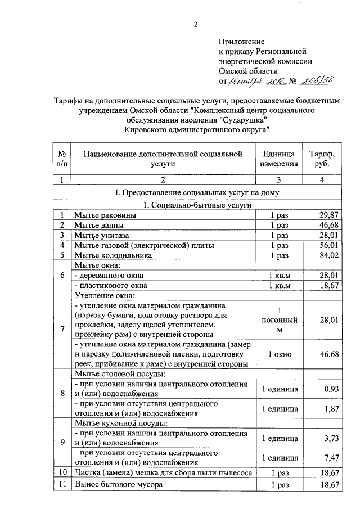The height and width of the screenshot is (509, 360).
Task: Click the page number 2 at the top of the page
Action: [196, 25]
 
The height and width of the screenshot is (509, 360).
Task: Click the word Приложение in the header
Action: [241, 42]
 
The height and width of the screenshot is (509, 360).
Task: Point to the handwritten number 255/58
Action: [316, 80]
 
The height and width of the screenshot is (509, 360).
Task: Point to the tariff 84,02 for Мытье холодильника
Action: [327, 255]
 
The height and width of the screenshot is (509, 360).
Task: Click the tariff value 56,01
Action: [327, 245]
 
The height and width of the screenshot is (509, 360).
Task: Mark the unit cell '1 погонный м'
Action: [279, 320]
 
